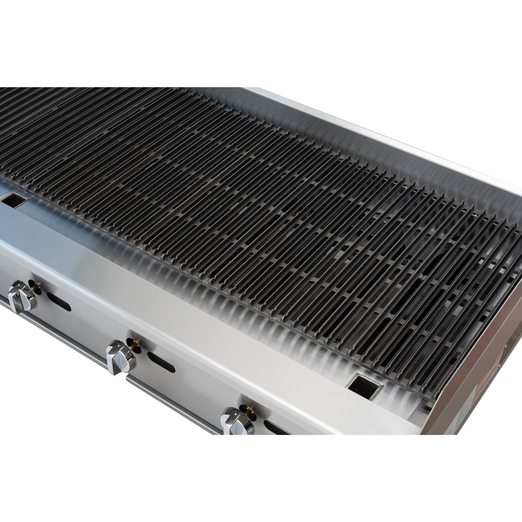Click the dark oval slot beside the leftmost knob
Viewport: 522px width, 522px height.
tap(59, 301)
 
